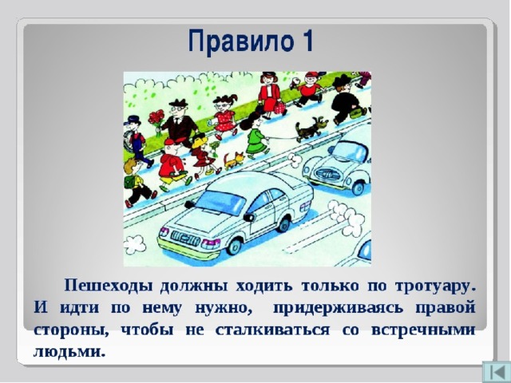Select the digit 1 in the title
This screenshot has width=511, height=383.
coord(306,40)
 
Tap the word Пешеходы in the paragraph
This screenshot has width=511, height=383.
coord(109,286)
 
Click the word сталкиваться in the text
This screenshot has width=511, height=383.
coord(272,330)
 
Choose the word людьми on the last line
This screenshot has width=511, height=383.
coord(69,353)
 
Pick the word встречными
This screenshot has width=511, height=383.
coord(423,330)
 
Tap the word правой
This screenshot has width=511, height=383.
coord(446,309)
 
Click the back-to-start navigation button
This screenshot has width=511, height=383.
coord(496,372)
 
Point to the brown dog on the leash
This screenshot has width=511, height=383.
coord(311,129)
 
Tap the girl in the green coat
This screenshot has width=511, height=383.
coord(255,135)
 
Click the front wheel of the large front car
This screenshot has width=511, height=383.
coord(235,246)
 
